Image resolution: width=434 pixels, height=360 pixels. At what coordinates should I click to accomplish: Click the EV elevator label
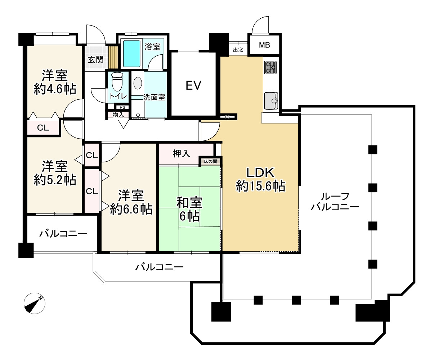(x=193, y=86)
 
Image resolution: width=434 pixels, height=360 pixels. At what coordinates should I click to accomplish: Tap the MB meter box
(x=265, y=45)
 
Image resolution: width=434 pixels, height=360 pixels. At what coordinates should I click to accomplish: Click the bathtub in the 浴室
(x=131, y=54)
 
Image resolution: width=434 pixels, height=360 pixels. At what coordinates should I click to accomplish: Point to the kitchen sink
(x=271, y=100)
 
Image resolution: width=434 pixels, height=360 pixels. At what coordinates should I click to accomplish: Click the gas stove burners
(x=271, y=67)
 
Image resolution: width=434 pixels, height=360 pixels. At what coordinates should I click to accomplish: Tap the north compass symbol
(x=34, y=303)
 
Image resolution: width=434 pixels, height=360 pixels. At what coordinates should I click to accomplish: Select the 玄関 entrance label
(x=95, y=59)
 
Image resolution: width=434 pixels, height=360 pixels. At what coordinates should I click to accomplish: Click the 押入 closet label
(x=181, y=154)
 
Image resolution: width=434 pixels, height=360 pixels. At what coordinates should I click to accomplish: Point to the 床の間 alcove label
(x=211, y=162)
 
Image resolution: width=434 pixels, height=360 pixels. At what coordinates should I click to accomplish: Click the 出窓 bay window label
(x=238, y=50)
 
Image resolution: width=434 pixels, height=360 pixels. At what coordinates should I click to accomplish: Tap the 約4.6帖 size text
(x=55, y=89)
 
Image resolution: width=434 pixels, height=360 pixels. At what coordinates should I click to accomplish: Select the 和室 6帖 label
(x=189, y=210)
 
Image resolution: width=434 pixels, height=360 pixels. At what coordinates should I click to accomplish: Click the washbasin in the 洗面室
(x=138, y=83)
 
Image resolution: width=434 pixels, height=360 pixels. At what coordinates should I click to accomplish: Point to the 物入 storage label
(x=118, y=115)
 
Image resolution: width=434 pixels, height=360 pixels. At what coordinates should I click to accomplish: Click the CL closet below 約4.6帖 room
(x=43, y=128)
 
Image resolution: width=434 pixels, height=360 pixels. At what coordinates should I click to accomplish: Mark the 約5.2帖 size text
(x=55, y=180)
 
